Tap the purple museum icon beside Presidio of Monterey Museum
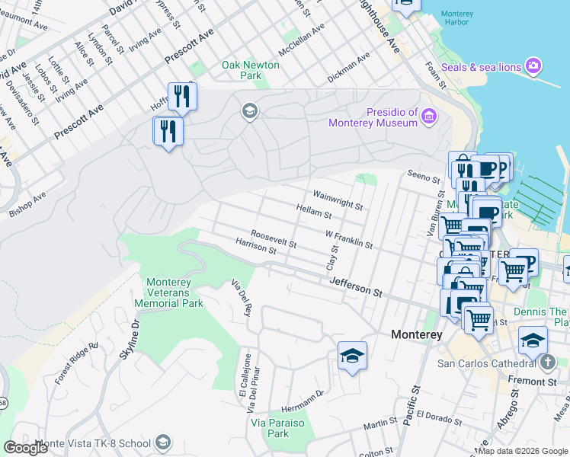429,117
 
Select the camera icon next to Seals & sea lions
533,67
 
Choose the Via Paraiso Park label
278,428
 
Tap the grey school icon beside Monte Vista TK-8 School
162,443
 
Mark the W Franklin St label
348,240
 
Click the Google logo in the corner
25,448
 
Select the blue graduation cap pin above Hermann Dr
352,356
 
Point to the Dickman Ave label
348,68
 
